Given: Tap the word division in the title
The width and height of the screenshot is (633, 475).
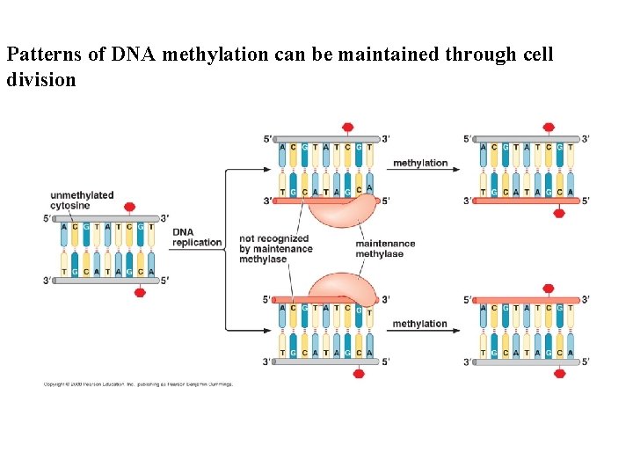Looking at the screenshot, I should pyautogui.click(x=40, y=80).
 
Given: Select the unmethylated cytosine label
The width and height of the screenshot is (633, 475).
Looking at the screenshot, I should pyautogui.click(x=82, y=201).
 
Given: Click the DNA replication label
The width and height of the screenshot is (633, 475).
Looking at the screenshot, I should pyautogui.click(x=197, y=237).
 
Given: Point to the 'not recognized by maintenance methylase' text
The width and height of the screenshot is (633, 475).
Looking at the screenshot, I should pyautogui.click(x=275, y=249).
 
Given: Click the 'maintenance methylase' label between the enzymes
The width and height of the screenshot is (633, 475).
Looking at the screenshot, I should pyautogui.click(x=385, y=249).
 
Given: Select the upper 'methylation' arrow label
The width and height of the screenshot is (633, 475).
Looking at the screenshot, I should pyautogui.click(x=419, y=163).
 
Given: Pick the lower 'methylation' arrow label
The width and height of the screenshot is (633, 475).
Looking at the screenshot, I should pyautogui.click(x=419, y=324).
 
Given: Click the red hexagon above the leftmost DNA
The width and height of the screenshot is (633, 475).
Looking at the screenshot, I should pyautogui.click(x=129, y=207).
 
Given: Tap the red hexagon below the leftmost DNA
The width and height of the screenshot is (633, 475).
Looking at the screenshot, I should pyautogui.click(x=139, y=293).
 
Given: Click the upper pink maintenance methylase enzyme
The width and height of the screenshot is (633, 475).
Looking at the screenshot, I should pyautogui.click(x=338, y=211).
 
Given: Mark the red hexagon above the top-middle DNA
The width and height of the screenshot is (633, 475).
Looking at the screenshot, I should pyautogui.click(x=348, y=128).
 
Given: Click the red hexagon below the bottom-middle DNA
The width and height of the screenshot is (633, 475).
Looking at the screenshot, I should pyautogui.click(x=358, y=373).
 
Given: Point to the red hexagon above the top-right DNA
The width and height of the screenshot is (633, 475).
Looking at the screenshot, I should pyautogui.click(x=549, y=128).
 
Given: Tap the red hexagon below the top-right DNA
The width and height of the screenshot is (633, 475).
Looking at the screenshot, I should pyautogui.click(x=559, y=212).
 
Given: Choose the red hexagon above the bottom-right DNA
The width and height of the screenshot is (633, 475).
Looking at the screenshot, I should pyautogui.click(x=549, y=289).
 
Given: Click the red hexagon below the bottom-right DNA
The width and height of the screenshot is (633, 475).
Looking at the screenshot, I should pyautogui.click(x=559, y=373).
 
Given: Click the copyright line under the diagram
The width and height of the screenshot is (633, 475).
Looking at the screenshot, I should pyautogui.click(x=138, y=384).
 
